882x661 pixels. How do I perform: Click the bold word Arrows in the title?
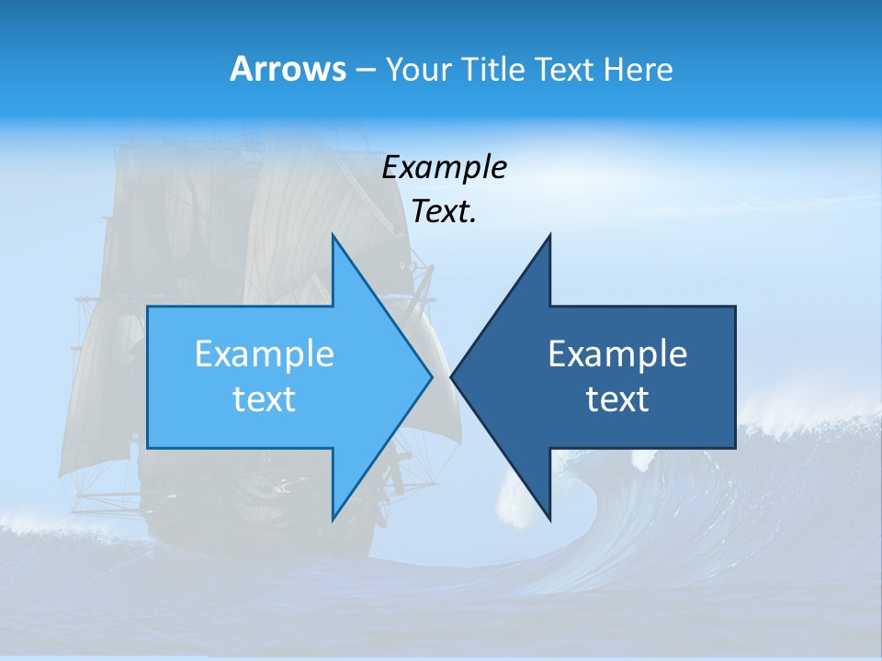(x=288, y=69)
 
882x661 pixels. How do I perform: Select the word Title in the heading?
(x=494, y=69)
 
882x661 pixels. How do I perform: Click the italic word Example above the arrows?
(x=444, y=168)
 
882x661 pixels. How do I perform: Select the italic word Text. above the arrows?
(x=444, y=212)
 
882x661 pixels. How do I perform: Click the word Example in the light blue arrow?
(x=265, y=353)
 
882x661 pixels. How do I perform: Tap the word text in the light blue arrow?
(x=265, y=398)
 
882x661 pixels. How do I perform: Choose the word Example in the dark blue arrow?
(x=617, y=353)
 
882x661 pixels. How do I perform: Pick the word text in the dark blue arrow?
(x=617, y=398)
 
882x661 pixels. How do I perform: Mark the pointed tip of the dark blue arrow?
(x=452, y=376)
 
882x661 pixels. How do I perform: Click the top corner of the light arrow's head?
(x=333, y=236)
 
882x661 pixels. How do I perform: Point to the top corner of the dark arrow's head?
(x=549, y=236)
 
